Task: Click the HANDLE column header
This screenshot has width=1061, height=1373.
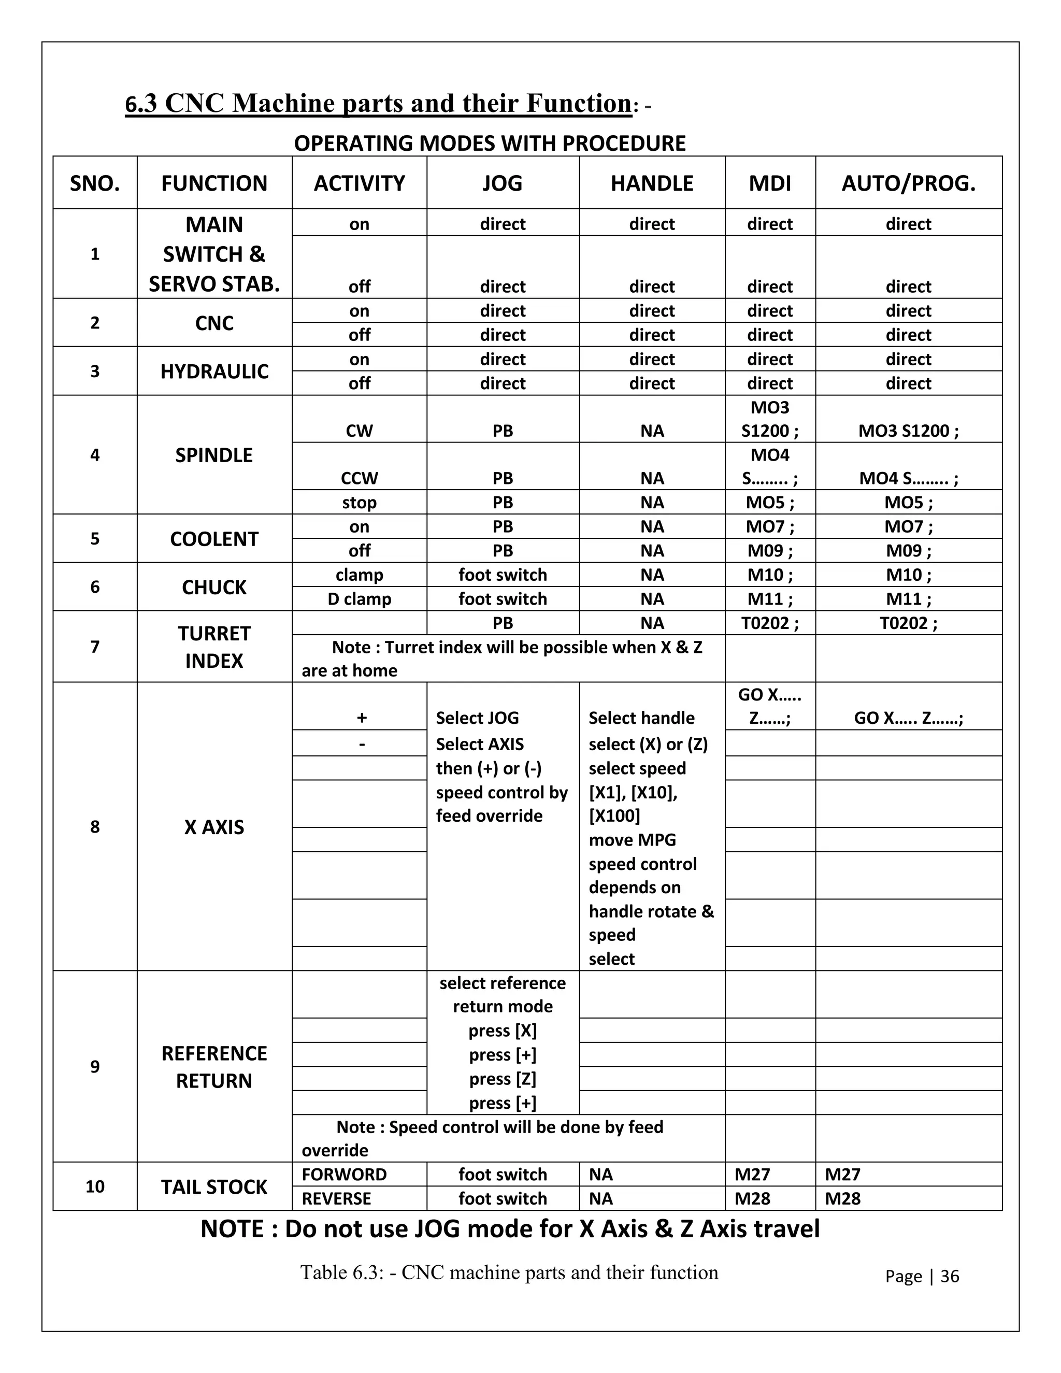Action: (x=652, y=183)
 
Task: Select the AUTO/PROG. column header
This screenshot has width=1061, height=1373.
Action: (x=908, y=183)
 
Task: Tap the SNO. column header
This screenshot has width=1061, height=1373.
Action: (x=95, y=183)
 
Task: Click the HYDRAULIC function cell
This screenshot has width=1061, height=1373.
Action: (x=214, y=371)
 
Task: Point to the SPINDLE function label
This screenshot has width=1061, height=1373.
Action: (x=214, y=455)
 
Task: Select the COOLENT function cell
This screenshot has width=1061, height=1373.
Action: (x=214, y=539)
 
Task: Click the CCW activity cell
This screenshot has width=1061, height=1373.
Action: (x=360, y=478)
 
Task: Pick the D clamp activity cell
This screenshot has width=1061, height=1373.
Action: (x=360, y=599)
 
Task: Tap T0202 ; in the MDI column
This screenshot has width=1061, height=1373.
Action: (x=770, y=623)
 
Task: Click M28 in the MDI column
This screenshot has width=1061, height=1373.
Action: (x=752, y=1198)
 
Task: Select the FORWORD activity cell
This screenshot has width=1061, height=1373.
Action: (x=345, y=1175)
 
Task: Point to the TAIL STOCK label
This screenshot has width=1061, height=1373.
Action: (x=214, y=1187)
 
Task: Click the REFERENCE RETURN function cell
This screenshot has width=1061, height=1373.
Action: (x=214, y=1067)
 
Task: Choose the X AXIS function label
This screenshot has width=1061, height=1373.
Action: (x=214, y=827)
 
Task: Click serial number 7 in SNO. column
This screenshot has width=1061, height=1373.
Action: (x=95, y=647)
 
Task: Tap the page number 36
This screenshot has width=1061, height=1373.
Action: (x=950, y=1276)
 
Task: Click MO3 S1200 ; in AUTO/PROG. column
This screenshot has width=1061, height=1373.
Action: (x=908, y=431)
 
